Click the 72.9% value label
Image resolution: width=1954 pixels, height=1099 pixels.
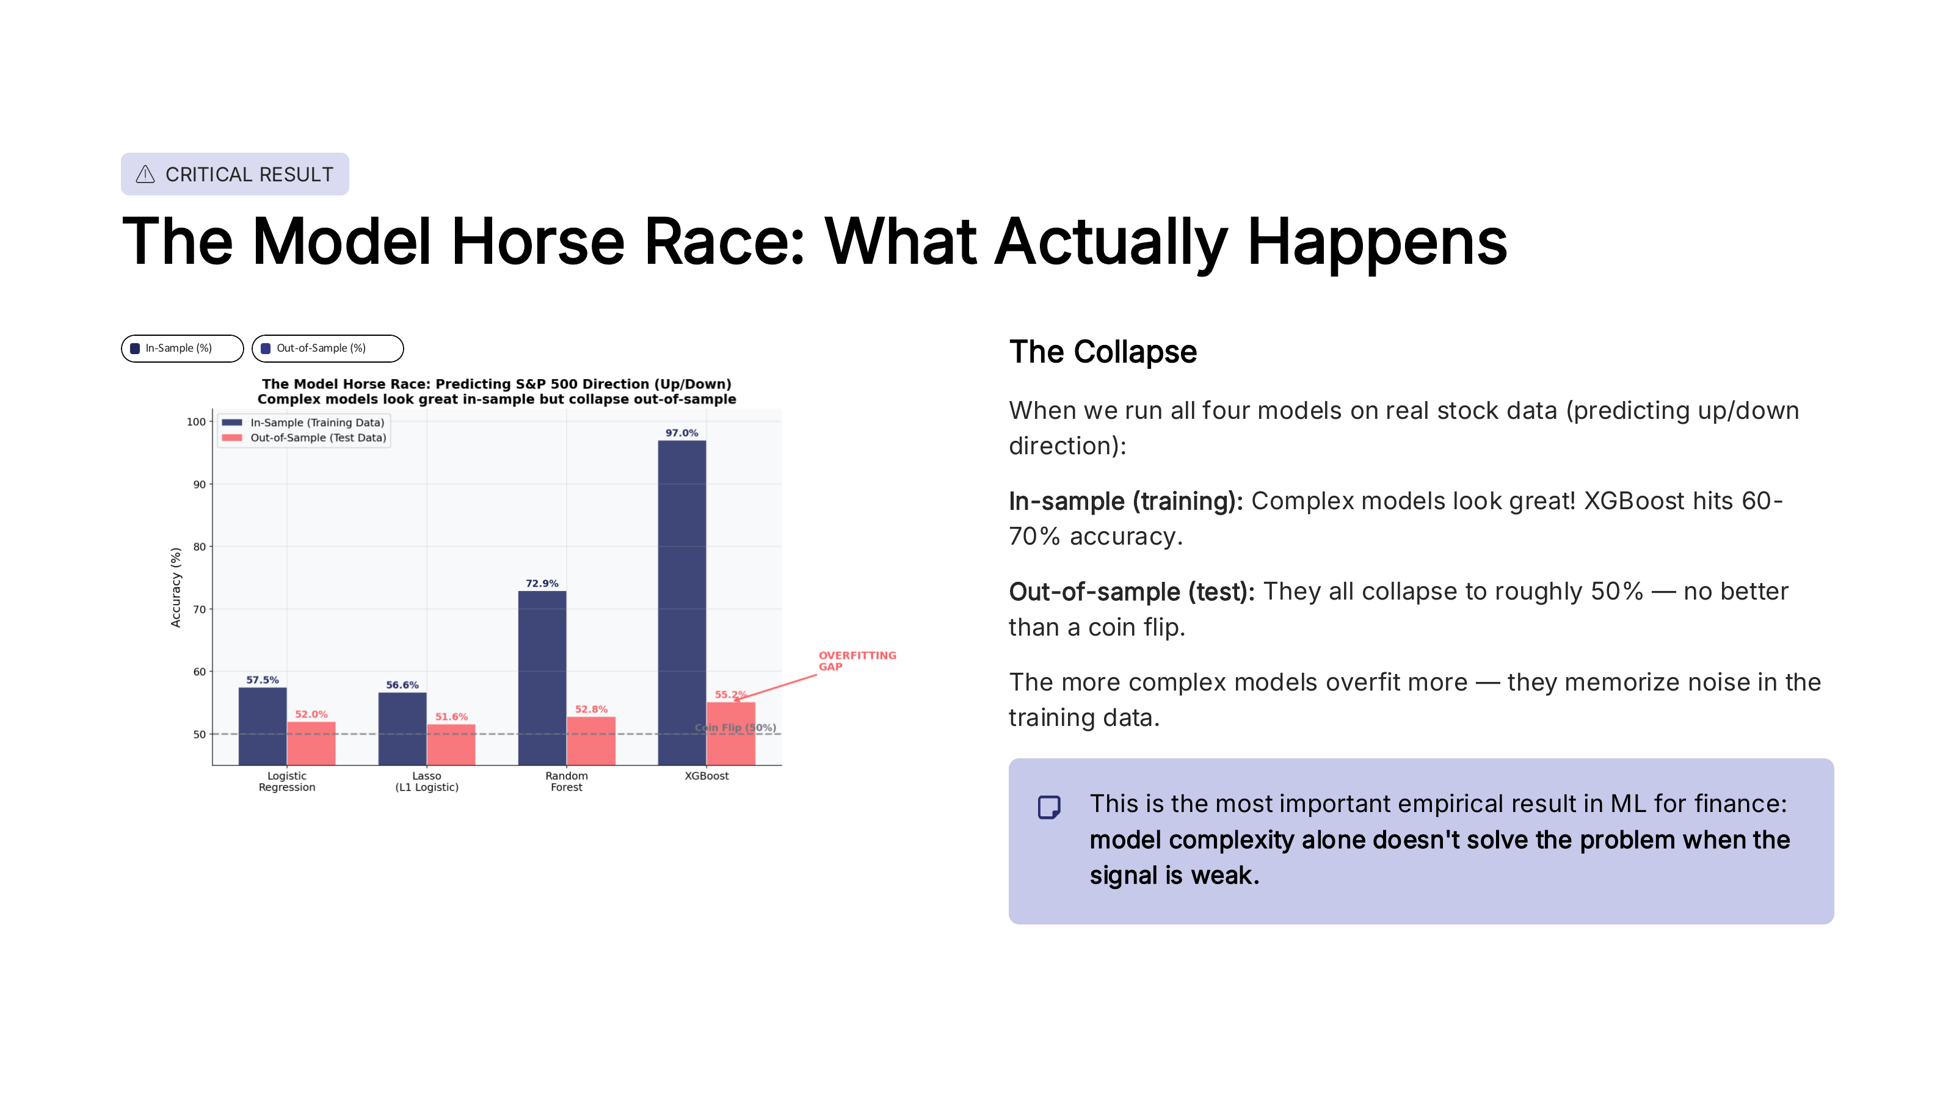(542, 583)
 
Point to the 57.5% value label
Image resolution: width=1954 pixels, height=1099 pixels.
(262, 680)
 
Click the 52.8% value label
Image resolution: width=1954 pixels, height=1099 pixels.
(591, 709)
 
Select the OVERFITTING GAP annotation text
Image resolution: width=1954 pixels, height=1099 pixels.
(856, 661)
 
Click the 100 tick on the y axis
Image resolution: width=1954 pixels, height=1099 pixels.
(195, 422)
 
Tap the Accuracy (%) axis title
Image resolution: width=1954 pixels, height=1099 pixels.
(175, 587)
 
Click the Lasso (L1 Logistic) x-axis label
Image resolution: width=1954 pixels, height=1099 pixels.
(426, 782)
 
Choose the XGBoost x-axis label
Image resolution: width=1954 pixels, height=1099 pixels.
(706, 776)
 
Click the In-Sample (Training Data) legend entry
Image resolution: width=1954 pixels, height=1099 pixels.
(316, 423)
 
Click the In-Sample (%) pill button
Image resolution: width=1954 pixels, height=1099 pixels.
(182, 348)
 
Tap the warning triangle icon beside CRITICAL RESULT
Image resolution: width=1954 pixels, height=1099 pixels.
(145, 175)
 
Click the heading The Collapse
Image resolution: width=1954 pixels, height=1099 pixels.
(1102, 352)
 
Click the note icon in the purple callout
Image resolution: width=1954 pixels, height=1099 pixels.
(1048, 807)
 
